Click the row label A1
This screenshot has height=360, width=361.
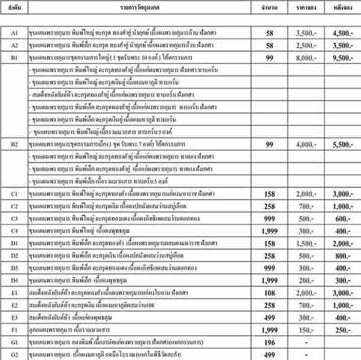tap(15, 33)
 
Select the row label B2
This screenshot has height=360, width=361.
tap(15, 144)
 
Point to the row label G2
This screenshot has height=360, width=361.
tap(15, 354)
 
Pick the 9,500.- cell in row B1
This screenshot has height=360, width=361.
tap(341, 58)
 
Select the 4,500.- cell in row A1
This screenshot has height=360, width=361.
tap(341, 33)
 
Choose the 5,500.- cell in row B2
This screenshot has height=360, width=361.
tap(341, 144)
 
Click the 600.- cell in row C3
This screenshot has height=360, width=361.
tap(341, 218)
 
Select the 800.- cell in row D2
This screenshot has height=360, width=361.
tap(341, 255)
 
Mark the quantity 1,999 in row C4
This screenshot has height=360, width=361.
tap(270, 231)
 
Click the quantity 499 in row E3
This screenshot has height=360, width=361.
tap(270, 317)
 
